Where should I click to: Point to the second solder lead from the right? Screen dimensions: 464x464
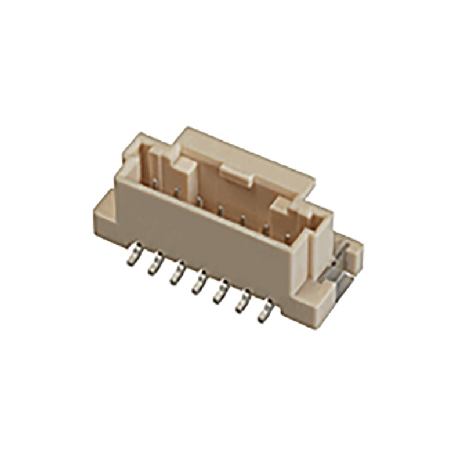(x=242, y=301)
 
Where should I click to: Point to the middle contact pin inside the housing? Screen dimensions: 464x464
(x=221, y=210)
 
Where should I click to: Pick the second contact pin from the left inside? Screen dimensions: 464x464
(x=177, y=192)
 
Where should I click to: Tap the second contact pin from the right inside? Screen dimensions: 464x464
(x=266, y=227)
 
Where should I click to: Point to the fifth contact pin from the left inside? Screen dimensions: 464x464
(x=243, y=219)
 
